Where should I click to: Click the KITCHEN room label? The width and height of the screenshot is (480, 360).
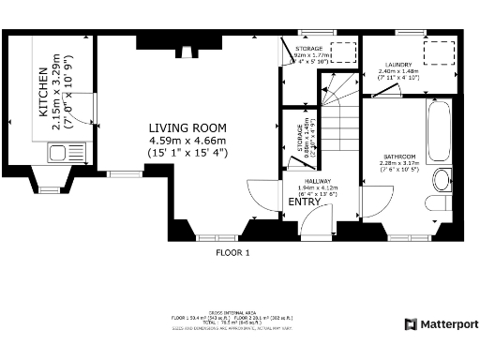pyautogui.click(x=44, y=91)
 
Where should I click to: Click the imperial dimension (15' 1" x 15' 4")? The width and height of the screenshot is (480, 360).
pyautogui.click(x=187, y=153)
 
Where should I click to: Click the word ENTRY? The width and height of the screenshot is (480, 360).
pyautogui.click(x=304, y=202)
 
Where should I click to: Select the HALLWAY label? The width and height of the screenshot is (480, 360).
pyautogui.click(x=304, y=183)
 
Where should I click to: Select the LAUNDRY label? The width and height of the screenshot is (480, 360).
pyautogui.click(x=395, y=64)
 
